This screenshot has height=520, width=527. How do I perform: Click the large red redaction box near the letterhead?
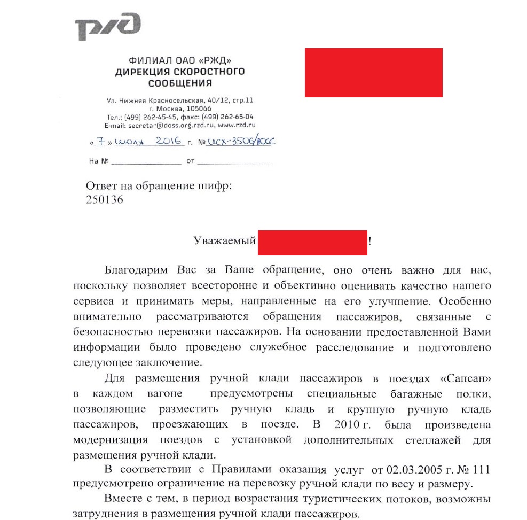(x=373, y=73)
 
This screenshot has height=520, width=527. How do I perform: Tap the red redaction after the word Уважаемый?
(x=313, y=242)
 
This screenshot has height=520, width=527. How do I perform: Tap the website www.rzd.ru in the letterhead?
(x=237, y=125)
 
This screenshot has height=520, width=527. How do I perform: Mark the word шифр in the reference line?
(x=213, y=185)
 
